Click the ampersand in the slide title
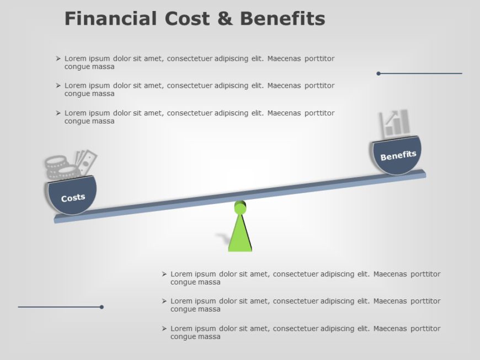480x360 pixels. coord(225,19)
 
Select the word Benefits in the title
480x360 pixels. coord(282,19)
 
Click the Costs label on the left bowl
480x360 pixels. coord(73,197)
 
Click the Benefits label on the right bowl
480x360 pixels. coord(398,155)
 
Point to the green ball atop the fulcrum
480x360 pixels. coord(240,208)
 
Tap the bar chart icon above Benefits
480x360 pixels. coord(394,123)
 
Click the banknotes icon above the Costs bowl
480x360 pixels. coord(86,162)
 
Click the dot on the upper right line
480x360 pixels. coord(378,73)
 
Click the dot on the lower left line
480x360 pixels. coord(102,307)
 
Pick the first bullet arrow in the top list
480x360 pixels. coord(58,58)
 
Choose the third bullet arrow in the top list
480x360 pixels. coord(58,113)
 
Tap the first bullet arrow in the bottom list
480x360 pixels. coord(164,274)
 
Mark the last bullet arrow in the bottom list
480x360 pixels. coord(164,329)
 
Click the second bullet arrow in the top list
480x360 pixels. coord(58,85)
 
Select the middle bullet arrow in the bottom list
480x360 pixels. coord(164,301)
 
